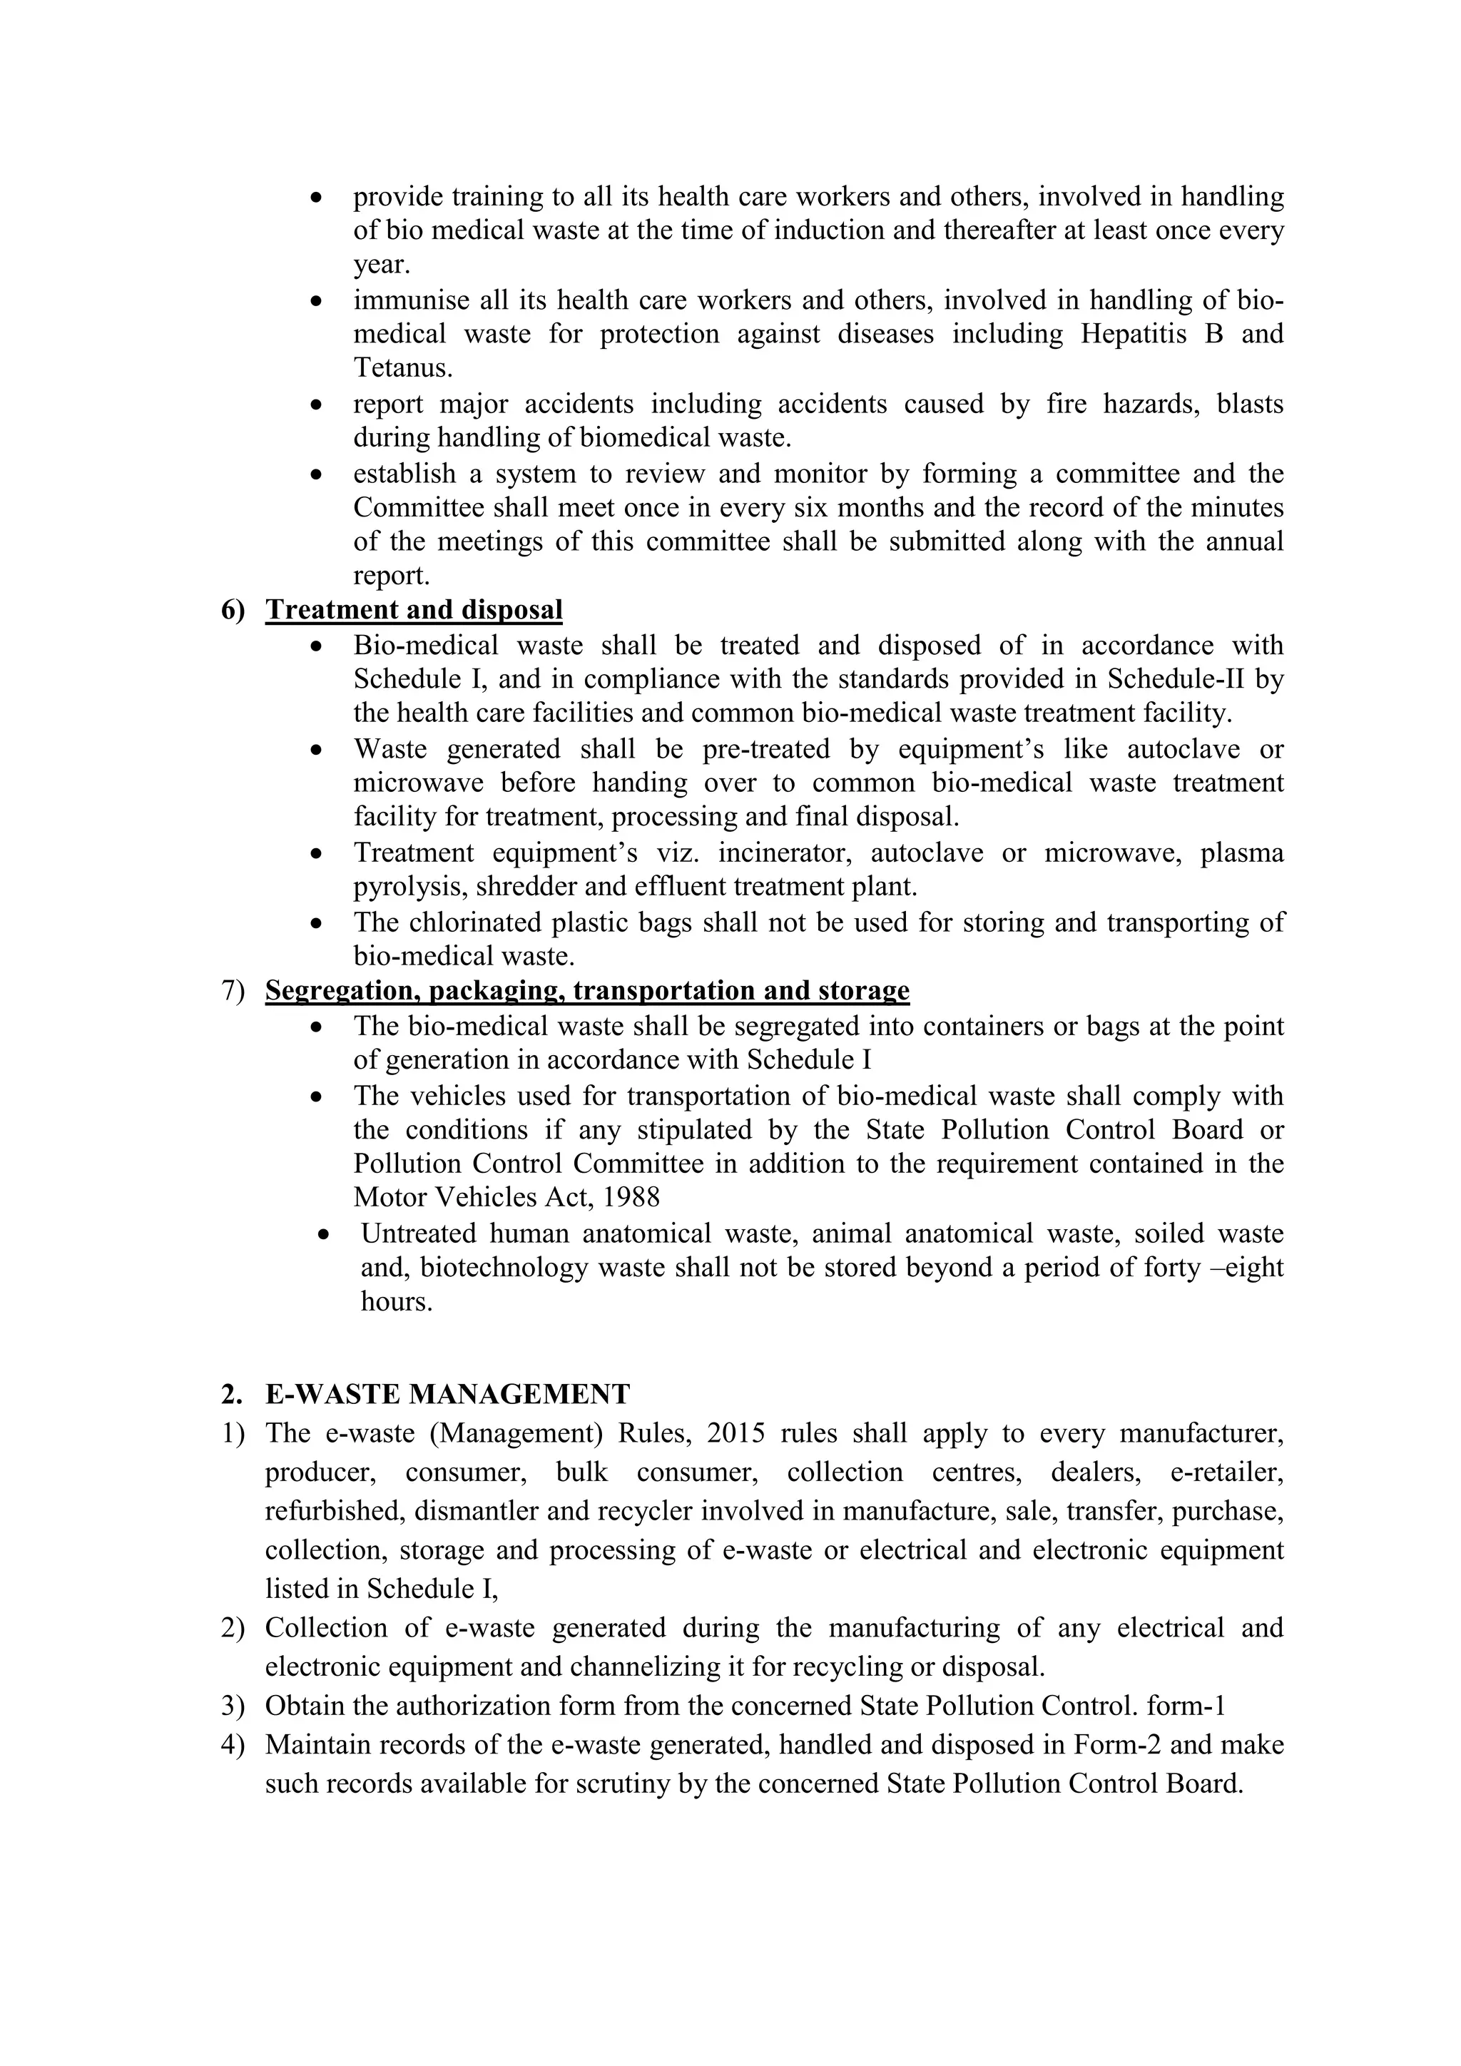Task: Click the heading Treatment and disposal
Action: [x=414, y=609]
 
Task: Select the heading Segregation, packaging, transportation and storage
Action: [x=586, y=989]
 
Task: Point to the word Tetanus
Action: [x=400, y=368]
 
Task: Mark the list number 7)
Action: [x=233, y=989]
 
